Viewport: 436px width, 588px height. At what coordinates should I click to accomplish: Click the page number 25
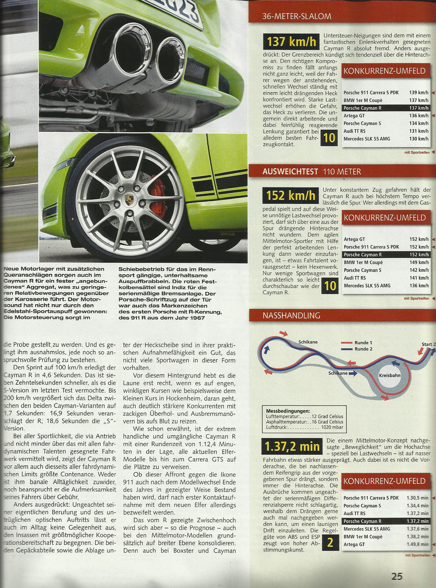(397, 576)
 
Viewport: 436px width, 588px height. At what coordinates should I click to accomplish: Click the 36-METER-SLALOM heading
(297, 16)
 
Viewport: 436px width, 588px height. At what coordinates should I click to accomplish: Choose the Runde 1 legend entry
(363, 343)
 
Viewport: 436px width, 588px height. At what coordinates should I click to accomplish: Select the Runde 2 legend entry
(363, 349)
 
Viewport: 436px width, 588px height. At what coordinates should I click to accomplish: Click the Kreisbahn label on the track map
(390, 376)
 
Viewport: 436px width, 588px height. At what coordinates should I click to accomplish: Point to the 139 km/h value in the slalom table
(418, 93)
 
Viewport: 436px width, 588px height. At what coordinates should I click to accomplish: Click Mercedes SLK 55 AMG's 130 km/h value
(418, 139)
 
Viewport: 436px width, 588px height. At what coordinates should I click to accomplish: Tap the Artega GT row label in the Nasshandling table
(354, 544)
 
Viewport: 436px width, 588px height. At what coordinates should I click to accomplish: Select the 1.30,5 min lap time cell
(417, 498)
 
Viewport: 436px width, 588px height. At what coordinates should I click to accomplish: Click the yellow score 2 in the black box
(330, 542)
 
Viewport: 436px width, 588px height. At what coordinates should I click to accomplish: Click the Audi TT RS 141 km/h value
(419, 278)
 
